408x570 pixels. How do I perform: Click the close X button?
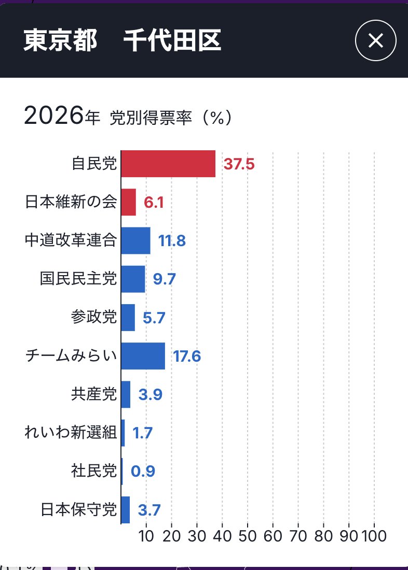(x=375, y=41)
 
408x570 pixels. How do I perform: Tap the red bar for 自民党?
(x=168, y=164)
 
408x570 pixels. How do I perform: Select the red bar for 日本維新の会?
(x=128, y=202)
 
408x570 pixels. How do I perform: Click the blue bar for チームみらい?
(x=143, y=356)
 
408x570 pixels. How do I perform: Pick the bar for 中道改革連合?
(x=135, y=240)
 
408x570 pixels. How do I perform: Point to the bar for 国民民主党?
(x=133, y=279)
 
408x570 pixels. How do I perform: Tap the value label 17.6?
(x=186, y=357)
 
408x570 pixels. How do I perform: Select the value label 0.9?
(x=143, y=472)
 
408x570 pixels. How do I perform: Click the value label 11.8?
(x=172, y=241)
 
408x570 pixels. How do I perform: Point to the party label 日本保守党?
(x=78, y=510)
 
